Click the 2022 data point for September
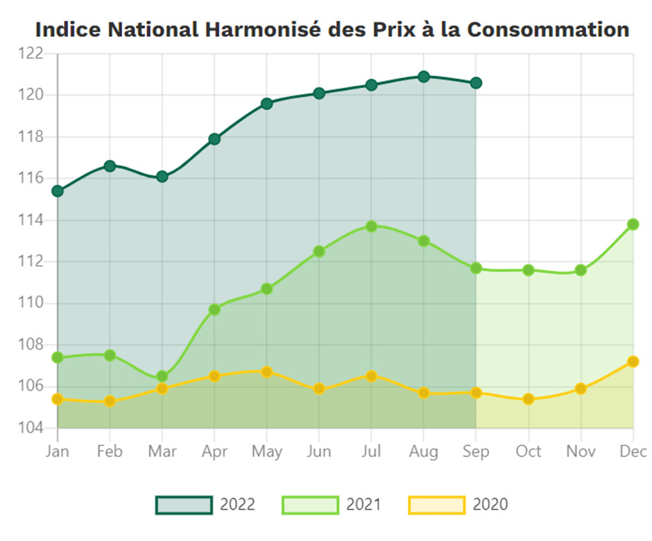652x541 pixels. pyautogui.click(x=476, y=83)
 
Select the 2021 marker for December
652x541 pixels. pyautogui.click(x=633, y=224)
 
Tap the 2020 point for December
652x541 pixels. pyautogui.click(x=633, y=362)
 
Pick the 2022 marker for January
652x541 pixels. pyautogui.click(x=58, y=190)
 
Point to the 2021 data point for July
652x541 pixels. pyautogui.click(x=372, y=227)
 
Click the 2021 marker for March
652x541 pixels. pyautogui.click(x=162, y=377)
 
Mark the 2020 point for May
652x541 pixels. pyautogui.click(x=267, y=372)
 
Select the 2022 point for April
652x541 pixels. pyautogui.click(x=214, y=139)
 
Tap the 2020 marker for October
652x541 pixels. pyautogui.click(x=529, y=399)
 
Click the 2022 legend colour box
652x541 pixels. pyautogui.click(x=184, y=505)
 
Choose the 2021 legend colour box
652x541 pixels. pyautogui.click(x=310, y=505)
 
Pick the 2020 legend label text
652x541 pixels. pyautogui.click(x=490, y=505)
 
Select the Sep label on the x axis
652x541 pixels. pyautogui.click(x=476, y=452)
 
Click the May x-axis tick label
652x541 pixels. pyautogui.click(x=267, y=452)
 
